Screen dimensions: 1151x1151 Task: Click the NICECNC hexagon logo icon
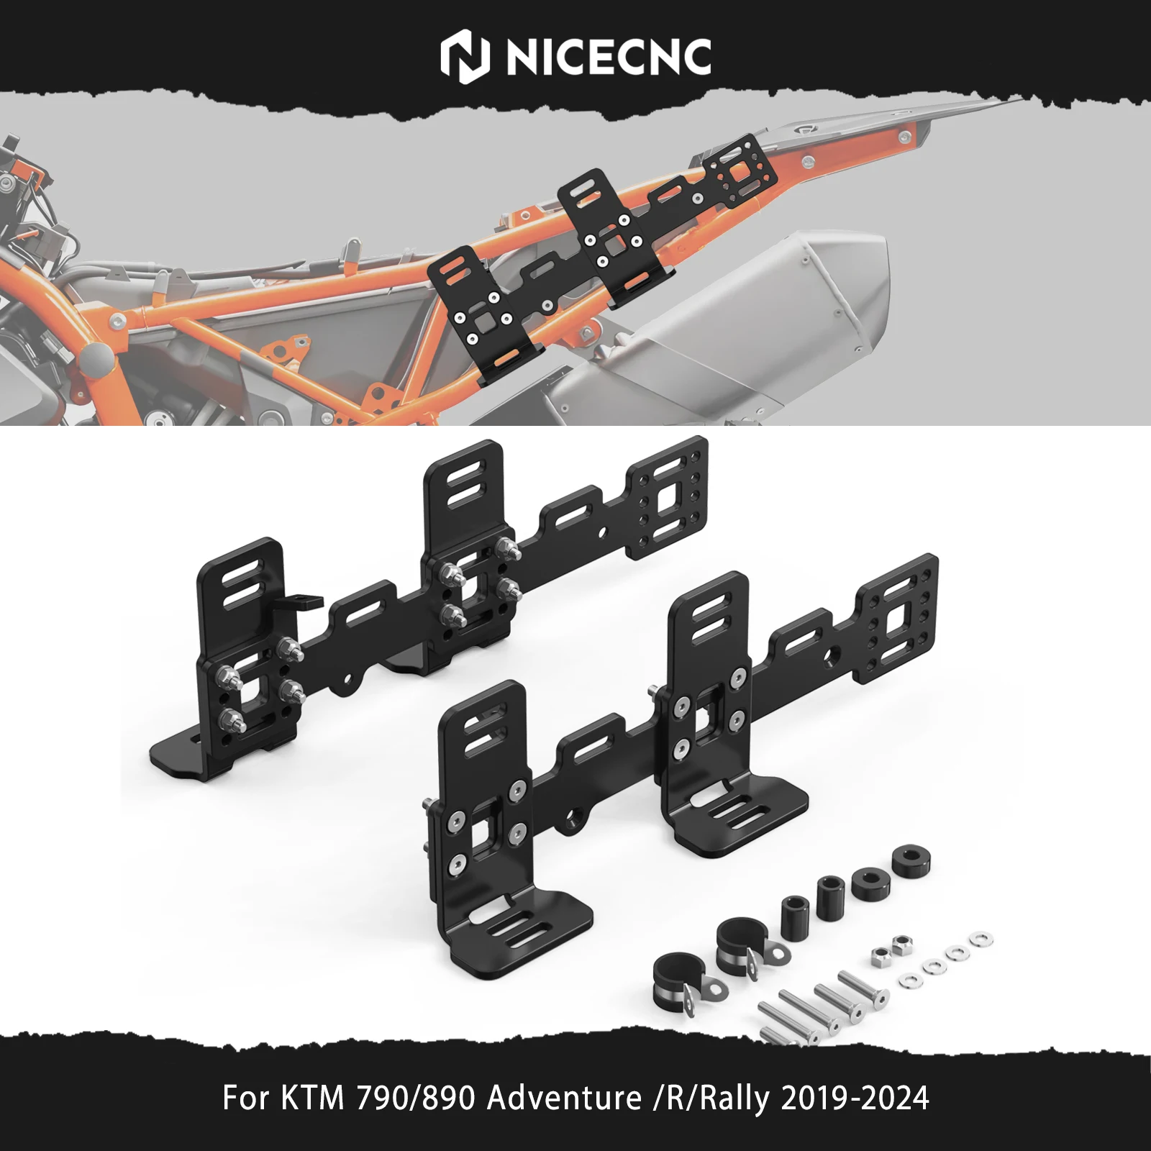pyautogui.click(x=464, y=58)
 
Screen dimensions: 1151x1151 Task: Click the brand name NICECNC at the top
pyautogui.click(x=609, y=58)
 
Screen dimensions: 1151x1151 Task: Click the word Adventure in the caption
pyautogui.click(x=565, y=1098)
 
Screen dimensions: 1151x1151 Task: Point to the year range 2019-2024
pyautogui.click(x=855, y=1098)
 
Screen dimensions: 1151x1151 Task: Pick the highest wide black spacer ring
pyautogui.click(x=911, y=860)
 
